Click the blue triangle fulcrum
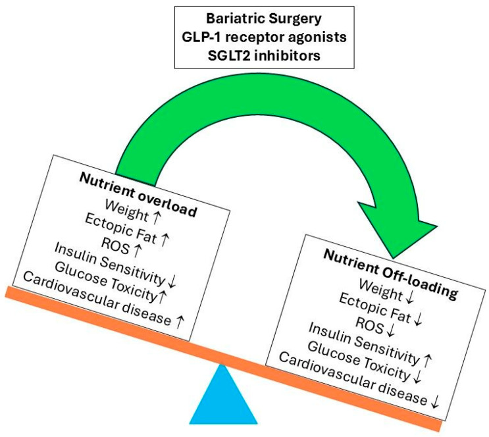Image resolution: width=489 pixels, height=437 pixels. pyautogui.click(x=223, y=399)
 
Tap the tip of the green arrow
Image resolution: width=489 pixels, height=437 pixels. pyautogui.click(x=394, y=258)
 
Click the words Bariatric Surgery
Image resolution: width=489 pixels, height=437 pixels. pyautogui.click(x=264, y=18)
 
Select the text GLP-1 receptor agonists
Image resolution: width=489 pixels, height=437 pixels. pyautogui.click(x=264, y=37)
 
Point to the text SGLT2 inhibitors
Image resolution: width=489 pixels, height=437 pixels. pyautogui.click(x=264, y=56)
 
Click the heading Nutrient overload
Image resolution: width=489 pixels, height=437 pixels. pyautogui.click(x=138, y=195)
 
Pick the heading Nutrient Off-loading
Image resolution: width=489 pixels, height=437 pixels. pyautogui.click(x=390, y=274)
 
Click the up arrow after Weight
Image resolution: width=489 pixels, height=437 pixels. pyautogui.click(x=155, y=218)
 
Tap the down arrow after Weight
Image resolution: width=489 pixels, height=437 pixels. pyautogui.click(x=409, y=297)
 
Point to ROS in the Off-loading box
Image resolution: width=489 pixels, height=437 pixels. pyautogui.click(x=370, y=324)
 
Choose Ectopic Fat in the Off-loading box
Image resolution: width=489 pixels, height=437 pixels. pyautogui.click(x=374, y=307)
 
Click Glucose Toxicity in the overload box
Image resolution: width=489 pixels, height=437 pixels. pyautogui.click(x=105, y=282)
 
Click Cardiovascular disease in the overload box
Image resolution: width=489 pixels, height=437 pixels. pyautogui.click(x=97, y=299)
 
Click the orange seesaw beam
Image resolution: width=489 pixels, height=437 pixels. pyautogui.click(x=223, y=359)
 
